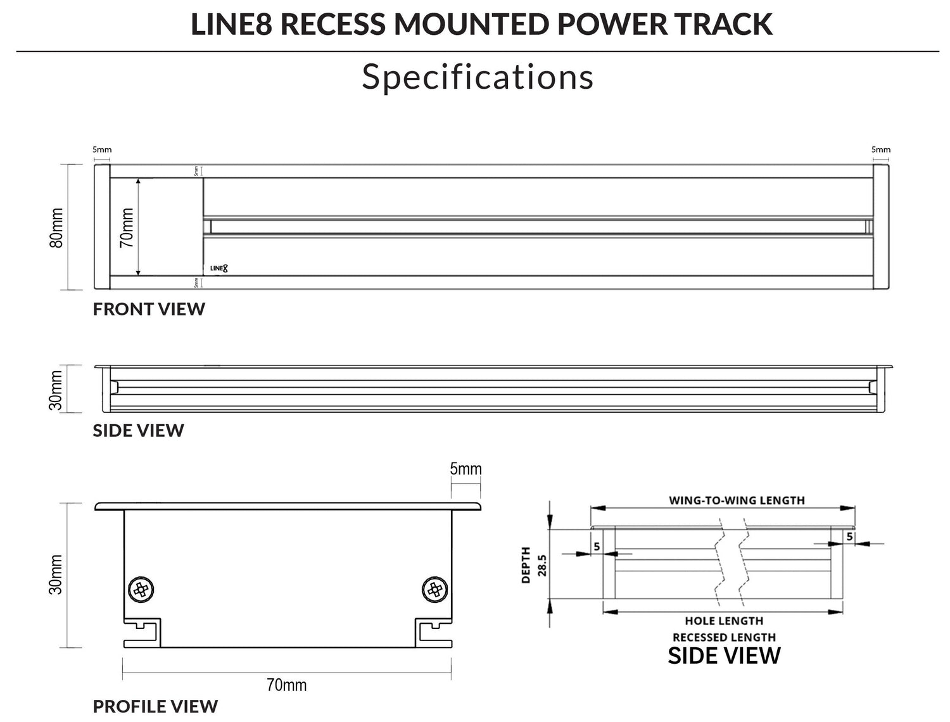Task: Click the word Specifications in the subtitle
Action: point(478,77)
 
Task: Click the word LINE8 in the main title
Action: point(232,24)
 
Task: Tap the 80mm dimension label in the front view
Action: point(57,227)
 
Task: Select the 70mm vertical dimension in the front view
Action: point(127,227)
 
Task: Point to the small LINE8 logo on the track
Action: point(219,268)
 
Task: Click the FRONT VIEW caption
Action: point(149,309)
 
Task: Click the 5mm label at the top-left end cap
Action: point(102,150)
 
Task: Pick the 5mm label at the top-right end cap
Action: point(881,150)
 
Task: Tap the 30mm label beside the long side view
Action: point(57,390)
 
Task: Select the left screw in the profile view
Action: point(141,590)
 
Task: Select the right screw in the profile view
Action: point(434,590)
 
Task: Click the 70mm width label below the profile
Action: point(286,685)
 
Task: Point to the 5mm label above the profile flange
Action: point(465,469)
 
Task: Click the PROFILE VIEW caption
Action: point(155,706)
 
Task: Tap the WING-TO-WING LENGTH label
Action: point(737,500)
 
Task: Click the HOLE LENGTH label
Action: point(724,621)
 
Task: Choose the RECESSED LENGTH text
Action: point(724,637)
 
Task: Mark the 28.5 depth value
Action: point(542,565)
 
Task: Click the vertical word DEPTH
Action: point(526,565)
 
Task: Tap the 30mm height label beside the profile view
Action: point(57,575)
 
